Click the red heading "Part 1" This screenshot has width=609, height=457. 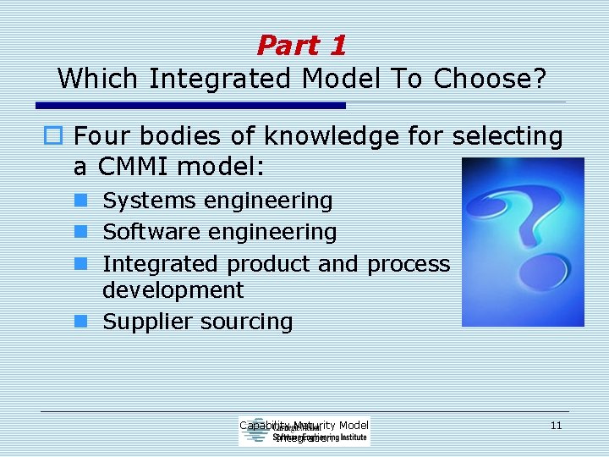point(302,45)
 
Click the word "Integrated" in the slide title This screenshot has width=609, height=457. point(215,79)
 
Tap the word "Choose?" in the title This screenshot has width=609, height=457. point(490,79)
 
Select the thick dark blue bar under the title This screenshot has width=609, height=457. point(191,106)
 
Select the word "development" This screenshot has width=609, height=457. point(173,290)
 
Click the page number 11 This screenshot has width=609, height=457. point(556,425)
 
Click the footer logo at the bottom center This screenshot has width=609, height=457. point(304,432)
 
